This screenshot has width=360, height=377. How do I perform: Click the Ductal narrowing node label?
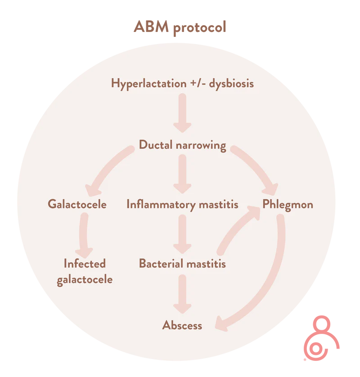(x=182, y=145)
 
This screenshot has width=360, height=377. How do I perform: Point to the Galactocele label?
(x=77, y=204)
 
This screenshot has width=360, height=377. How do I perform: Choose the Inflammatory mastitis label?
(x=182, y=205)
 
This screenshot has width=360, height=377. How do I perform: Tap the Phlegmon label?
(x=288, y=204)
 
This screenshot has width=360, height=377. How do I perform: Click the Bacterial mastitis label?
(x=182, y=263)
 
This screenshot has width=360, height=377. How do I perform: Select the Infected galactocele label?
(x=85, y=271)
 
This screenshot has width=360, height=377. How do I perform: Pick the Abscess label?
(x=182, y=325)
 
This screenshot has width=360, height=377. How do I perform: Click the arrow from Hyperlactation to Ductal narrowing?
(x=182, y=112)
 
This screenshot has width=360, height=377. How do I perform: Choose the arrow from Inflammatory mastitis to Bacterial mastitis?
(x=182, y=234)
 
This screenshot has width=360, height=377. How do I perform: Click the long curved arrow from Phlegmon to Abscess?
(x=270, y=288)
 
